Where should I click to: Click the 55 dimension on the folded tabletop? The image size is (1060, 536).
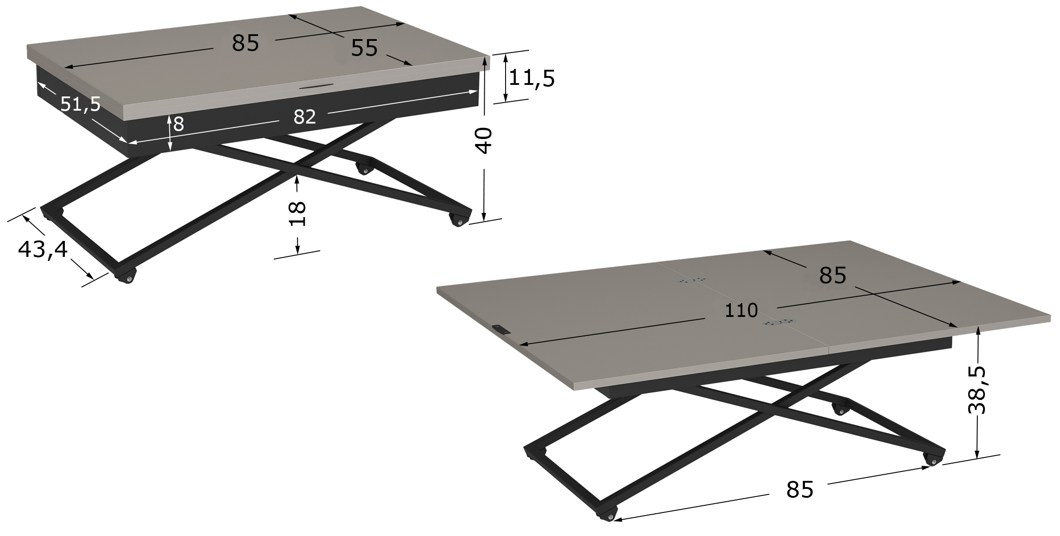(364, 48)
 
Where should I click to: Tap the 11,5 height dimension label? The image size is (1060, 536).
(532, 79)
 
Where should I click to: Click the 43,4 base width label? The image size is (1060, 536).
(43, 250)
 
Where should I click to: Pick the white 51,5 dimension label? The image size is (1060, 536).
(80, 104)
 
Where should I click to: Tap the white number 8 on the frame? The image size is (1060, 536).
(179, 124)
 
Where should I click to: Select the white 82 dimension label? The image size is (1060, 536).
(305, 117)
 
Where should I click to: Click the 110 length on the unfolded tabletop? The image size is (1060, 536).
(741, 311)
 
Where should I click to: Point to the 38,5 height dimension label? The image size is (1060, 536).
(977, 390)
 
